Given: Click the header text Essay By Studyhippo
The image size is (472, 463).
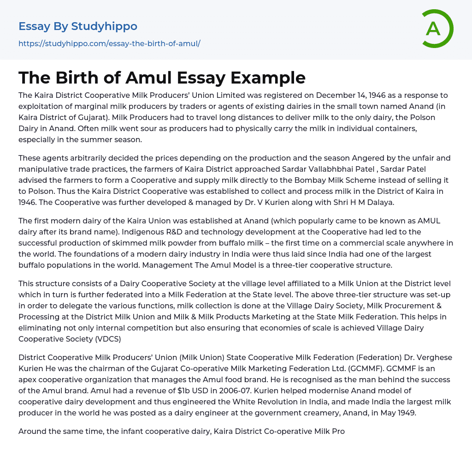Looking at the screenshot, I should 78,26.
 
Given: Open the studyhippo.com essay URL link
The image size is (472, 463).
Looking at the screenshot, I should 109,44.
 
